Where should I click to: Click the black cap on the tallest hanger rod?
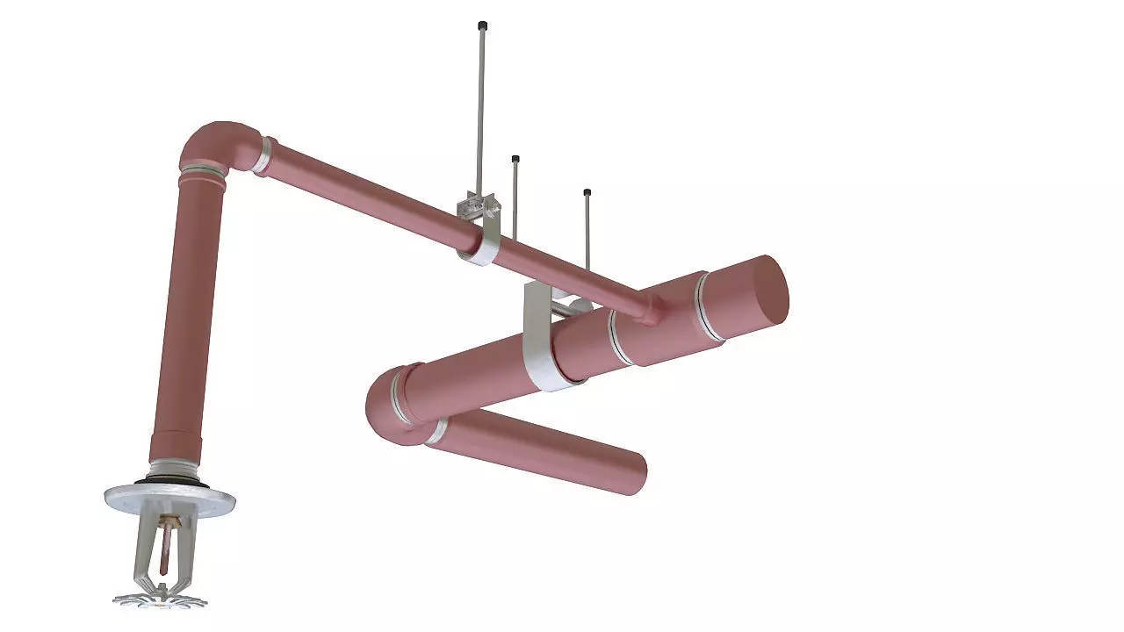[x=482, y=25]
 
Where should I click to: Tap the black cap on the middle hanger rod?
[x=515, y=159]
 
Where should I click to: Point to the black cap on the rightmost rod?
[x=587, y=192]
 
